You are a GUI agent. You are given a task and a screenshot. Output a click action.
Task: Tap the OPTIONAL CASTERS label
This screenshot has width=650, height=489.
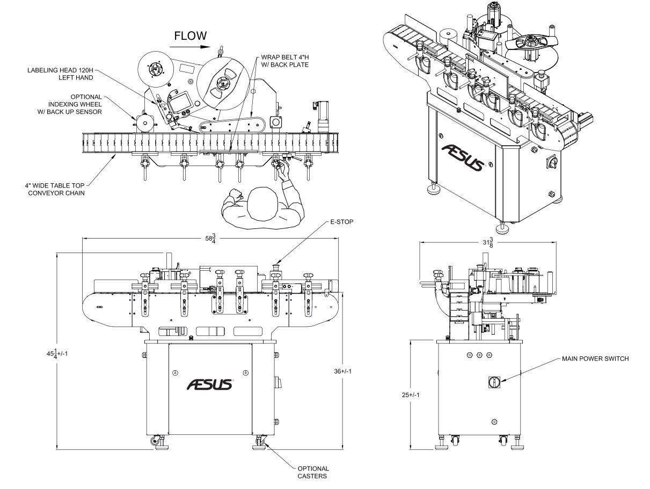313,472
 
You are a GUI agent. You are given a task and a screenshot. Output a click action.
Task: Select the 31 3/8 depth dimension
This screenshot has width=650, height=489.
487,242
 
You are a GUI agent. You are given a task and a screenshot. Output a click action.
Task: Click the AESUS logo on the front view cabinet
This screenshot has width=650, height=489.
209,385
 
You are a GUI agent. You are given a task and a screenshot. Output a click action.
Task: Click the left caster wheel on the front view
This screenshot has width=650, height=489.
156,441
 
